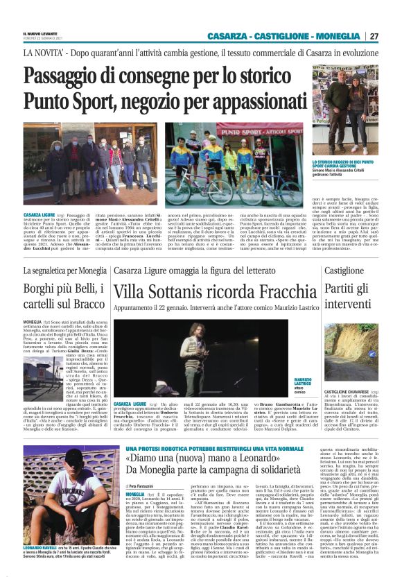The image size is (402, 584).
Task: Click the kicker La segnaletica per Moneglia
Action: coord(64,270)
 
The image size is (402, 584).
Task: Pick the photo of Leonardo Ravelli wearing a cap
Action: coord(60,497)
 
